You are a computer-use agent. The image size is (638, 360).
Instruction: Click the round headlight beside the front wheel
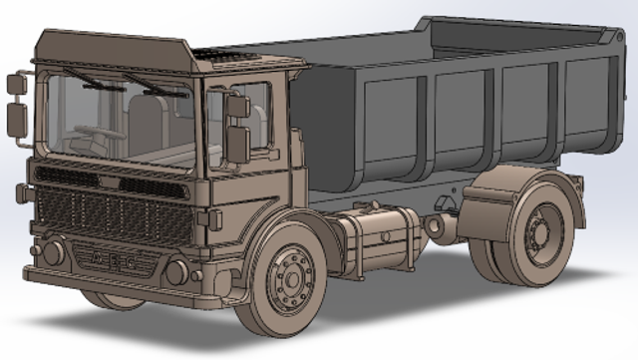click(176, 270)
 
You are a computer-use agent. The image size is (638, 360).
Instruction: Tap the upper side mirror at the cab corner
click(16, 85)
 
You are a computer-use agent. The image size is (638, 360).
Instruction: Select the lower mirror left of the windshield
click(16, 119)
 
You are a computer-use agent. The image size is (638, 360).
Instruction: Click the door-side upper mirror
click(238, 105)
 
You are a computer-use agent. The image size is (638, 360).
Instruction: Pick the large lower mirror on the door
click(237, 145)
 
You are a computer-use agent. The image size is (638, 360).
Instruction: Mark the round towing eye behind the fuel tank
click(438, 225)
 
